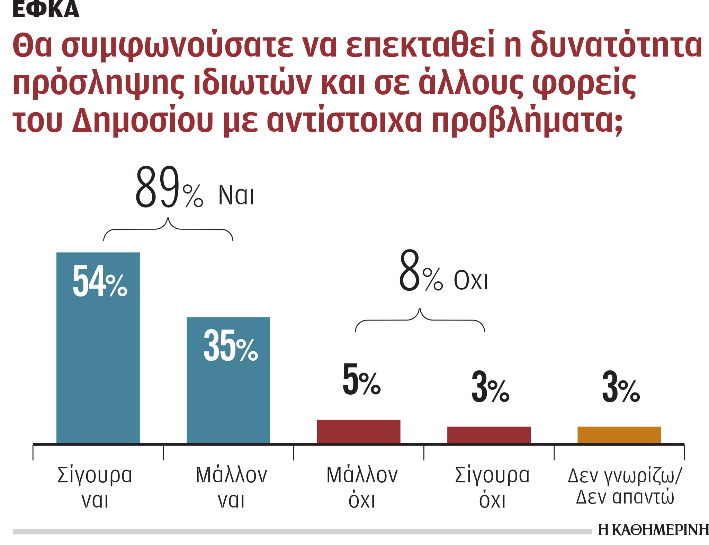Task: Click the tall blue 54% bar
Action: [98, 364]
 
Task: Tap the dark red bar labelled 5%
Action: [358, 431]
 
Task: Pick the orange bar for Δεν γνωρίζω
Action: [619, 434]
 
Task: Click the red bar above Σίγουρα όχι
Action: [489, 434]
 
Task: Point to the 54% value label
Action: [100, 281]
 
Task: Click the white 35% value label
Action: [231, 346]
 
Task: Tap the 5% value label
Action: [361, 380]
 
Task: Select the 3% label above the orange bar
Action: [621, 387]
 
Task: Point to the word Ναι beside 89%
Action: [236, 196]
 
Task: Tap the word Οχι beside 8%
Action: [470, 281]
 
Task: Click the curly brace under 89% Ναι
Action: [168, 229]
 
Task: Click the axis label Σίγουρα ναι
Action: [95, 487]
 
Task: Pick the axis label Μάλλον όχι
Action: [362, 487]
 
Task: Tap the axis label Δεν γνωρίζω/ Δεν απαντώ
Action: [625, 486]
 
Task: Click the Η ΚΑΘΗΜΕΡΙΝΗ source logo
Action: [653, 530]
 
